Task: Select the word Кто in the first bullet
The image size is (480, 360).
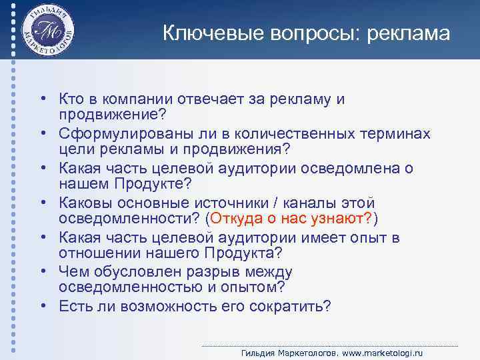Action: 72,99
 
